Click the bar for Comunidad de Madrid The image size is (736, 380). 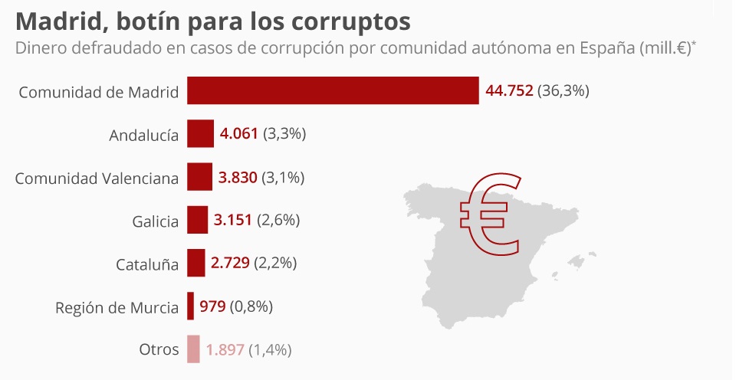tap(333, 91)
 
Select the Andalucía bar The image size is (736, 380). tap(200, 134)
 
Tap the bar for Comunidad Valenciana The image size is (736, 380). tap(199, 178)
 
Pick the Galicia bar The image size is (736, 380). tap(197, 221)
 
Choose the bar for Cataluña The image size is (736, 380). tap(195, 264)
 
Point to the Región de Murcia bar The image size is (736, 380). tap(190, 306)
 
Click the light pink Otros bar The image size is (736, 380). tap(193, 349)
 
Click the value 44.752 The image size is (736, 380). tap(509, 91)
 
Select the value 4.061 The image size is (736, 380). tap(239, 134)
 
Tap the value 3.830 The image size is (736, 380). tap(238, 178)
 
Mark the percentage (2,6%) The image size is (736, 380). tap(278, 221)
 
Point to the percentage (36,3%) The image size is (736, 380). tap(563, 91)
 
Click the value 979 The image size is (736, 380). tap(212, 306)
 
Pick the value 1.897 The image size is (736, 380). tap(225, 349)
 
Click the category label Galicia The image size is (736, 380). tap(155, 221)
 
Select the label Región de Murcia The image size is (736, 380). tap(117, 308)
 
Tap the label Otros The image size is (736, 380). tap(159, 350)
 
